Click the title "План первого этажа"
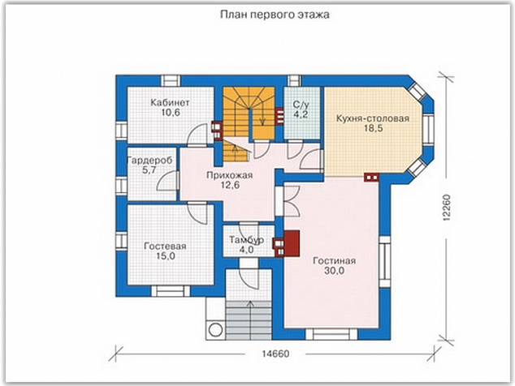275,15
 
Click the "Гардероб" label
149,161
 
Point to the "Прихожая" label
230,175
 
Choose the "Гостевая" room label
165,246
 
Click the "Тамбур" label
246,240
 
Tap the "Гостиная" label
335,261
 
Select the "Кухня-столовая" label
373,118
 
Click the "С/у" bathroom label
301,105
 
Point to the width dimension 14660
275,354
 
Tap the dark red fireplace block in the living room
292,243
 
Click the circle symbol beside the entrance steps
215,329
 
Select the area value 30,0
334,271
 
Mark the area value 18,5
373,128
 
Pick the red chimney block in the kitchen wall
371,177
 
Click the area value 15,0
165,256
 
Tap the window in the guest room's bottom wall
171,291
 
